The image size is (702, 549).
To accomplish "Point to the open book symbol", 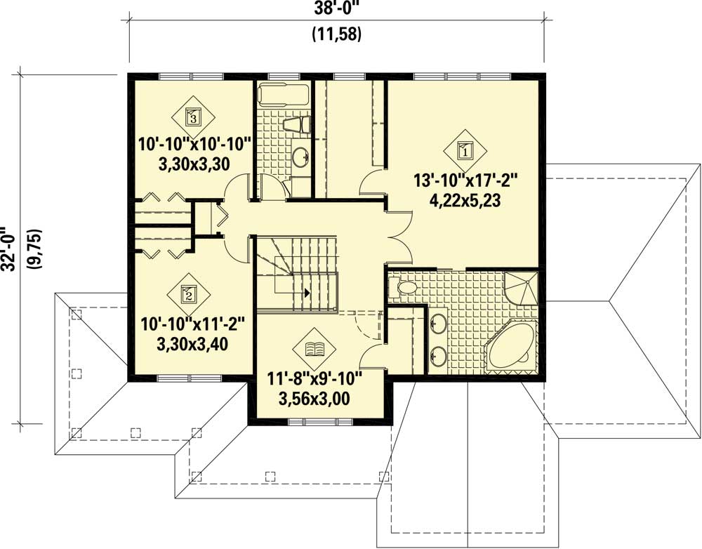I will click(314, 349).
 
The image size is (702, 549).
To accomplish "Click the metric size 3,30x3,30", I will click(194, 163).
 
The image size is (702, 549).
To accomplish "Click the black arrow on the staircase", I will click(307, 291).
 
